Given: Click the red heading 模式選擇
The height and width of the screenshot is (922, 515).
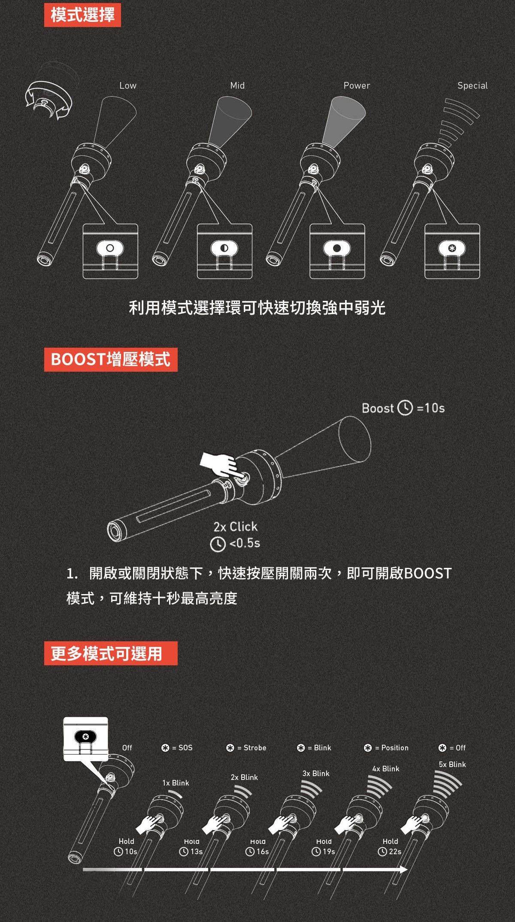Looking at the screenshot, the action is pos(82,15).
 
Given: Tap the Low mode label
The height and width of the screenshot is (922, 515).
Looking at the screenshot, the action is pos(128,85).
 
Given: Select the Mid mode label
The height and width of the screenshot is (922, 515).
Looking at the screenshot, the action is pos(237,85).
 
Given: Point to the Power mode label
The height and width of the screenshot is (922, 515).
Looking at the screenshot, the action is pos(357,85).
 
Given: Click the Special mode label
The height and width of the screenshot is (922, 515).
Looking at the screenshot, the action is pos(473,85).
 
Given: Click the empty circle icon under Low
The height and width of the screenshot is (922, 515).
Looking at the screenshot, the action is pos(110,248).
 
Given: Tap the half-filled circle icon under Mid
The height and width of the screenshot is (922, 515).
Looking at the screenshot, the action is pos(224,248).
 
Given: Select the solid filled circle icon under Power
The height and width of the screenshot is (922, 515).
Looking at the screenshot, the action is pos(337,248).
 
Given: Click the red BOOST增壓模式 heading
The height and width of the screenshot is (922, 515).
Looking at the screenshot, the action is pos(111,360).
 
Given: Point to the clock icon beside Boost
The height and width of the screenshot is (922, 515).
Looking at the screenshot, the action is pos(405,408).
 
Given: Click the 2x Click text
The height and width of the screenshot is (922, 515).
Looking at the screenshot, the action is pos(236,527).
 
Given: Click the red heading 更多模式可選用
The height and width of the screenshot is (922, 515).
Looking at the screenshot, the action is pos(111,653).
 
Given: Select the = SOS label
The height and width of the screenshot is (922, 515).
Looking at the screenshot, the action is pos(182,748).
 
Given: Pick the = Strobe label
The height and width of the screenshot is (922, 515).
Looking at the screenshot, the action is pos(252,748).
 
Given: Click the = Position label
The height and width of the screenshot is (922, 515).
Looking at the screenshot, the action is pos(392,748).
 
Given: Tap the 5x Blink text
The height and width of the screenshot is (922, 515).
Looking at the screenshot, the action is pos(452,764).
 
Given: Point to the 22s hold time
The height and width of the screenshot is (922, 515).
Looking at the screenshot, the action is pos(395,852).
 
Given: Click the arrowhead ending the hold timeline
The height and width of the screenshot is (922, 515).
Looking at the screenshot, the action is pos(403,870).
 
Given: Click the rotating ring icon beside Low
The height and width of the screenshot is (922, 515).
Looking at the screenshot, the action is pos(48,100).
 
